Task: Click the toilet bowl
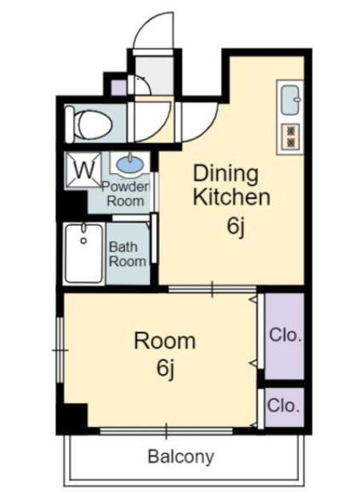(90, 124)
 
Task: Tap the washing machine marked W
(84, 170)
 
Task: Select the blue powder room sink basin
(130, 165)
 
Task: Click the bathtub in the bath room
(84, 254)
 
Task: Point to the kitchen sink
(290, 99)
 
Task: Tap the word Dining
(226, 175)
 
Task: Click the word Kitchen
(231, 197)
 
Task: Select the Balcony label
(181, 456)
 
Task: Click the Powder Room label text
(126, 194)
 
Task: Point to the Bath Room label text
(127, 254)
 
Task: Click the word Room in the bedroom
(165, 341)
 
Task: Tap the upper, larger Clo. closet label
(286, 335)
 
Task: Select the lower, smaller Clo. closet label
(283, 406)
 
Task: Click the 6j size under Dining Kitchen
(236, 227)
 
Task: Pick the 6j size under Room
(165, 368)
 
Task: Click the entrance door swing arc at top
(144, 23)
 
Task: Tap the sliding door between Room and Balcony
(166, 431)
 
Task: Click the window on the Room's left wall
(60, 350)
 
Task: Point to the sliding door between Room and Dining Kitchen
(212, 289)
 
